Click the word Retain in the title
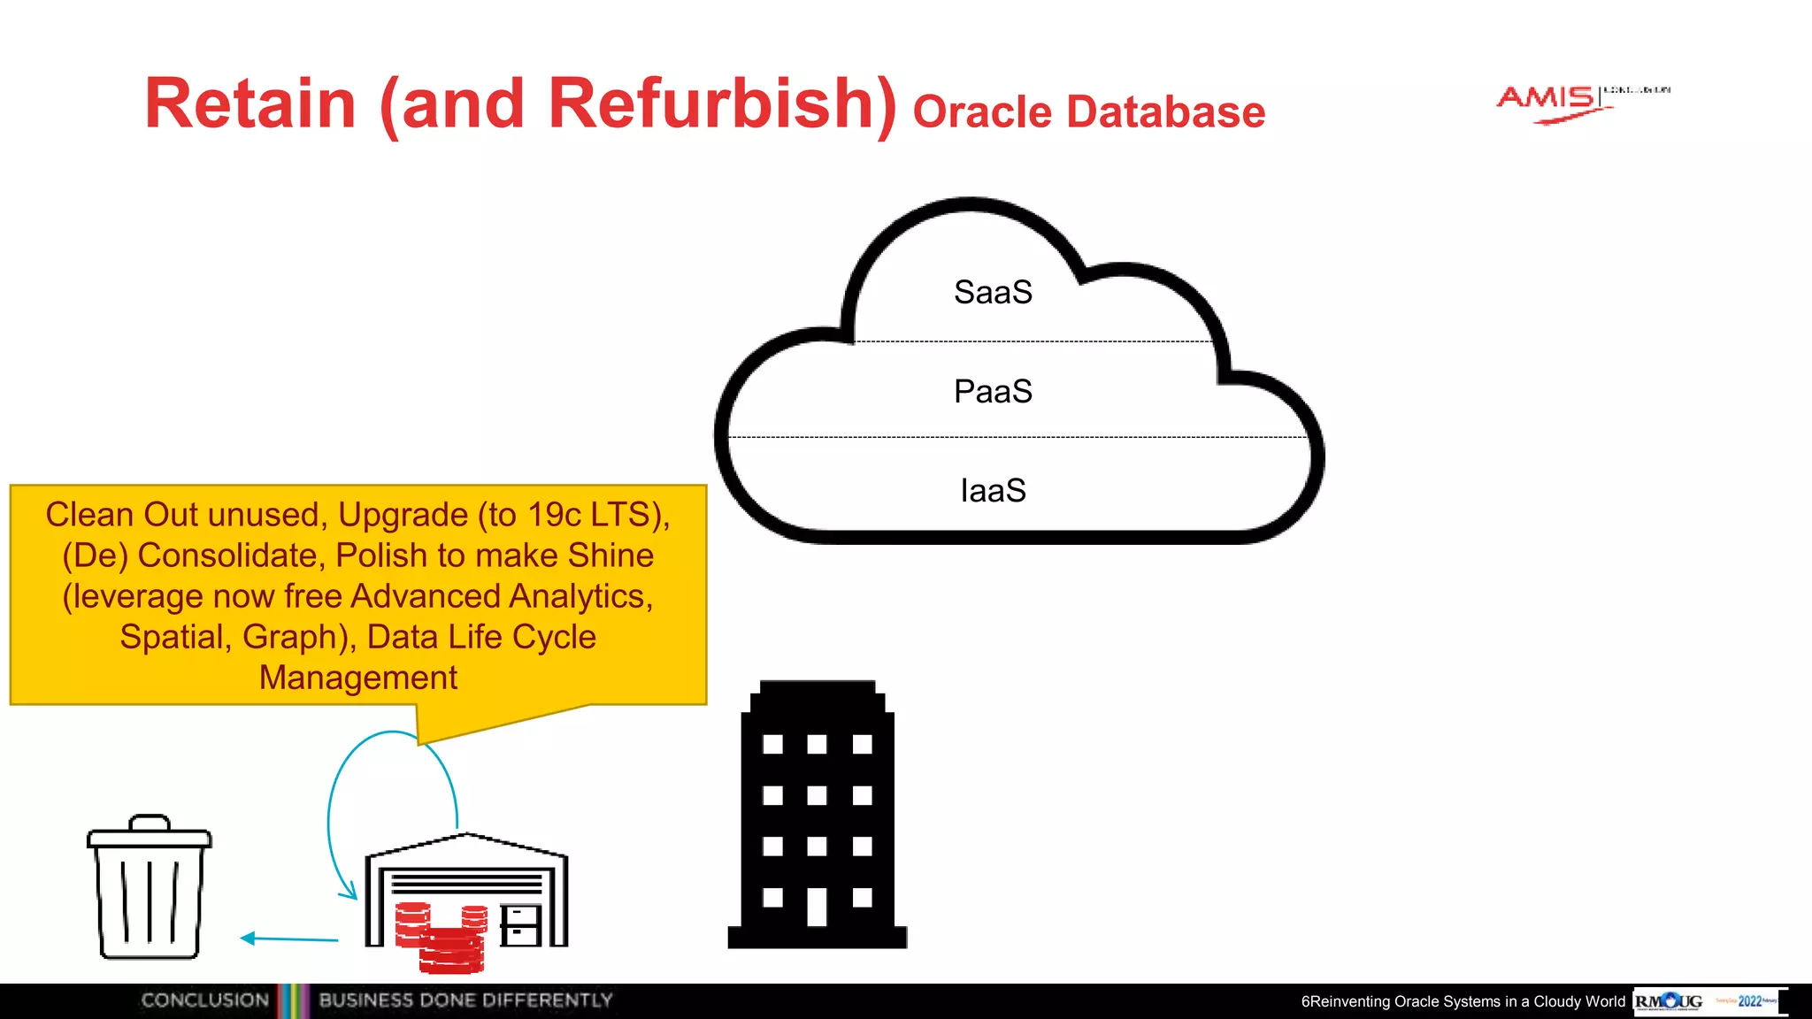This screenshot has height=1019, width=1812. point(250,103)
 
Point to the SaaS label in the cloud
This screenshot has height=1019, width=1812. point(993,293)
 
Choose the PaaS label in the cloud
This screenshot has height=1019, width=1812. point(993,392)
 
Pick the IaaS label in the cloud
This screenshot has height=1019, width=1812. point(993,491)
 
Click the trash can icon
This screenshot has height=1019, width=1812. point(149,889)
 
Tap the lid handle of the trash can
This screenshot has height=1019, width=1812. point(149,822)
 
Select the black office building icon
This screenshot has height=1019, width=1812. point(818,814)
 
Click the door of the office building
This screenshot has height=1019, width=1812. point(818,907)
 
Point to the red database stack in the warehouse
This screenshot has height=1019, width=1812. point(442,938)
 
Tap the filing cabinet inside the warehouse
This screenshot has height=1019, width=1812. point(520,925)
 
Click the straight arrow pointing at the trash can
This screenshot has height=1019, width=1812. point(289,939)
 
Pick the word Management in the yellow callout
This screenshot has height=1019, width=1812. point(357,678)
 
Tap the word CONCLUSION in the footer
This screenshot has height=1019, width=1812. point(204,1000)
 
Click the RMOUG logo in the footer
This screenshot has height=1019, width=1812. point(1669,1001)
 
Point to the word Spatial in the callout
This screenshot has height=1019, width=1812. point(172,637)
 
